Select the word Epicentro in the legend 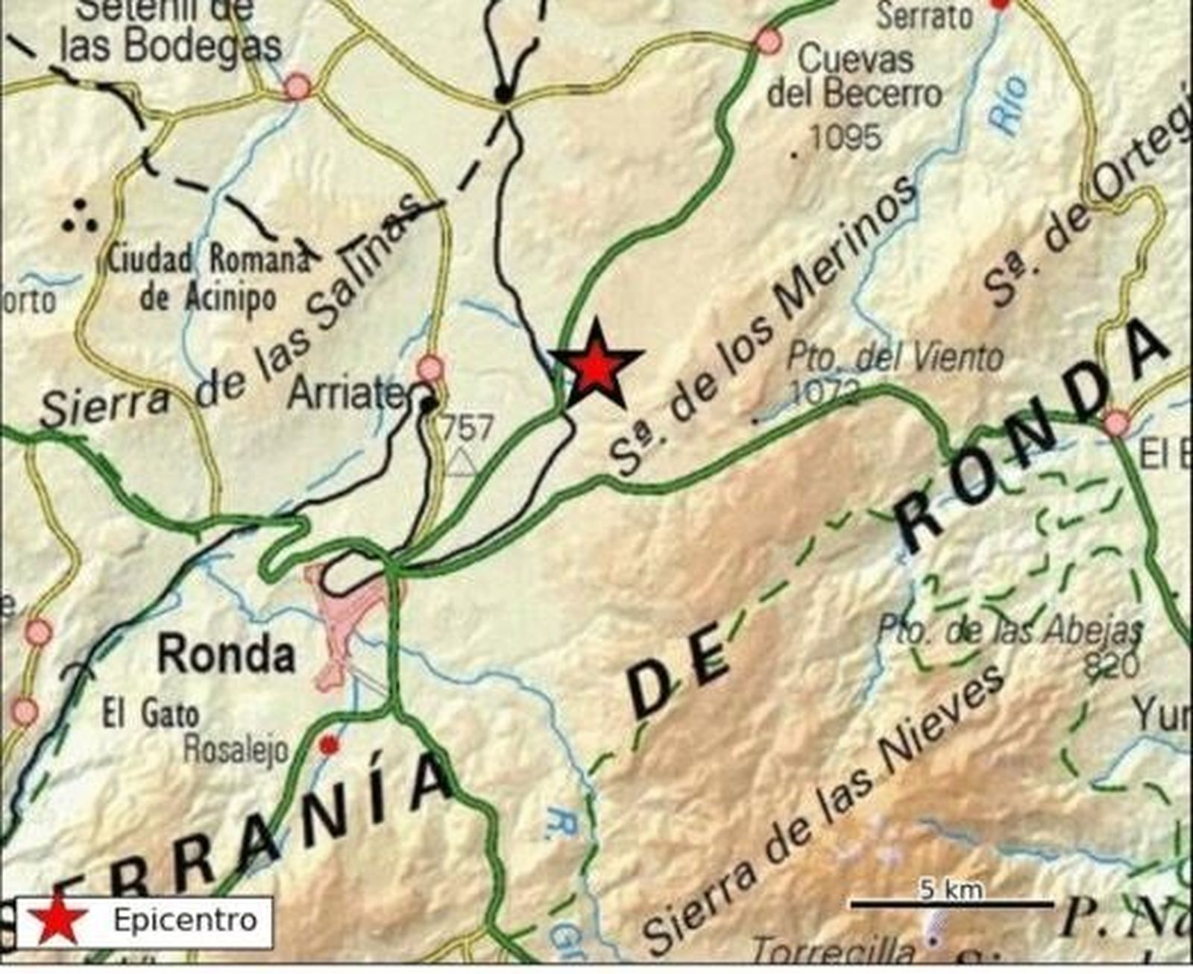coord(185,920)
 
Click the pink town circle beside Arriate coord(430,368)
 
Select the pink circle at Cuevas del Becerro coord(767,40)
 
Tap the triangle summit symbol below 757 coord(462,462)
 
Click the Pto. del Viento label coord(895,358)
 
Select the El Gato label coord(151,715)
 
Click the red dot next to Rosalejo coord(328,744)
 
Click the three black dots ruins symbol coord(80,216)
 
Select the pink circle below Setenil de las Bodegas coord(298,87)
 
